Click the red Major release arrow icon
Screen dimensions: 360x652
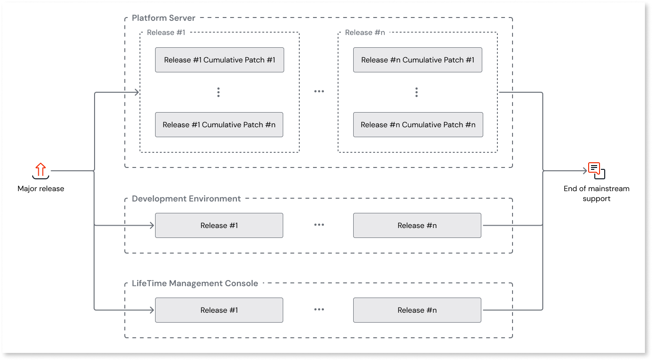41,170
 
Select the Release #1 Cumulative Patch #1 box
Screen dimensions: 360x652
219,60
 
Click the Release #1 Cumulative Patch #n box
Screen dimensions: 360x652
219,125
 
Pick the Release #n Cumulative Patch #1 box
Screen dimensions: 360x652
417,60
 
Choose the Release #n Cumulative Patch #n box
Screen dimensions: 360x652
418,125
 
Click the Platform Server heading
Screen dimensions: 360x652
164,18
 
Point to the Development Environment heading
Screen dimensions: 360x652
186,199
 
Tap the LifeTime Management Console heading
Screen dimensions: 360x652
195,283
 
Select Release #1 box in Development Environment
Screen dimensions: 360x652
219,226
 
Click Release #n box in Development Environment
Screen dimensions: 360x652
417,226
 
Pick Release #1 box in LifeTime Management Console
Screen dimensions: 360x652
219,310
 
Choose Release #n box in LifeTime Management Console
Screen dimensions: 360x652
417,310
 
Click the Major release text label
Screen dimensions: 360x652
41,189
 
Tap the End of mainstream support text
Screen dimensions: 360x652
596,193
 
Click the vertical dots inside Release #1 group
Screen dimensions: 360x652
218,92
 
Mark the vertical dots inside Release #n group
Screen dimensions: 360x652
416,92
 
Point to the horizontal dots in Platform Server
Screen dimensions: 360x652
319,92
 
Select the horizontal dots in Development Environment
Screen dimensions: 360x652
319,225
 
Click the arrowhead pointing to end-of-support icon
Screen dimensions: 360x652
584,171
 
